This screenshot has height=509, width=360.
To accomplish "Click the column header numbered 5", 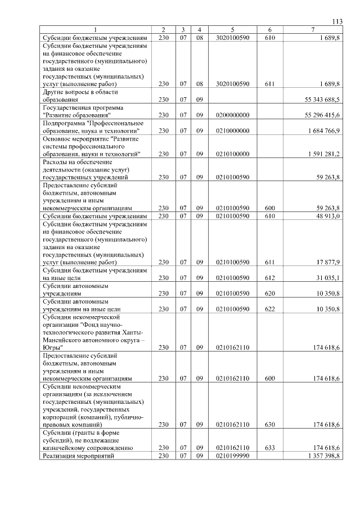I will point(232,29).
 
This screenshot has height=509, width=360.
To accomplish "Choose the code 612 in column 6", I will point(270,278).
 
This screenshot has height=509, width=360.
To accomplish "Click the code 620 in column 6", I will point(270,294).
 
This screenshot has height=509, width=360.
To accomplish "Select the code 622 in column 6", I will point(270,309).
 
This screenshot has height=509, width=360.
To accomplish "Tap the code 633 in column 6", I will point(270,448).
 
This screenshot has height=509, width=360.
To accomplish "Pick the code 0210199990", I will point(232,456).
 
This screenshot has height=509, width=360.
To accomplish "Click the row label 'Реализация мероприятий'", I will point(79,456).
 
